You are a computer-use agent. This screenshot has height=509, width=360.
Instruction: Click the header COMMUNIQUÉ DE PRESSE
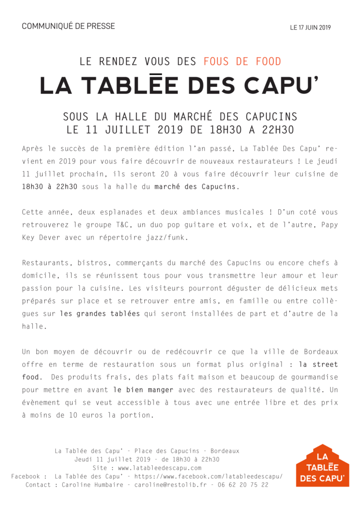tap(68, 26)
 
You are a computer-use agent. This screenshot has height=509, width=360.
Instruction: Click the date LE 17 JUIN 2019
tap(310, 28)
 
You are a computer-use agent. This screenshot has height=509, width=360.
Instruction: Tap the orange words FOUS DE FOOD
tap(242, 62)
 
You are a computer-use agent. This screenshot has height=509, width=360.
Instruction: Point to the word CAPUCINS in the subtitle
tap(271, 117)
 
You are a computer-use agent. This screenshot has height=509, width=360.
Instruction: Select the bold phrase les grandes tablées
tap(100, 314)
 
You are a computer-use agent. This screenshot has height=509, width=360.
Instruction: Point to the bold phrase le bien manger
tap(143, 390)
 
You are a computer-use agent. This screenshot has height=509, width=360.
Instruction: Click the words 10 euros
tap(81, 415)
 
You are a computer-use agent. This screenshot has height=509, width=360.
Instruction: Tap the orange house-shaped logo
tap(322, 465)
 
